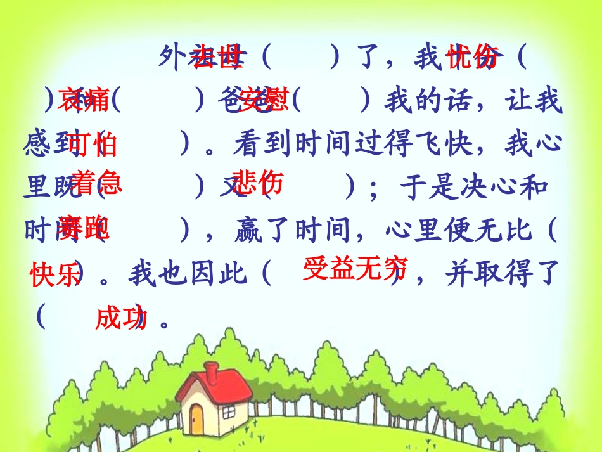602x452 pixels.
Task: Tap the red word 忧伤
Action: click(473, 56)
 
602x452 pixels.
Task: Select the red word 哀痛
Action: click(84, 99)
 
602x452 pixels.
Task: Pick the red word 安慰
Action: click(265, 99)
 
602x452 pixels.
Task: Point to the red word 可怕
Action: click(93, 145)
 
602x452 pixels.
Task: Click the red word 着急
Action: click(96, 183)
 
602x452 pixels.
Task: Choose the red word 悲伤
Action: click(256, 183)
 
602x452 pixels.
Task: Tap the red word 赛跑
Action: click(83, 228)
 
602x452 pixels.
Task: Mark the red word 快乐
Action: click(54, 274)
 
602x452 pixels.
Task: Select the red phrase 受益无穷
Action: click(354, 269)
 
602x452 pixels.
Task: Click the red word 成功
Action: click(120, 318)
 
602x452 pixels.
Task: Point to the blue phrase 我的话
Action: click(429, 101)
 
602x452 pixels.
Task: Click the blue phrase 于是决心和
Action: click(474, 188)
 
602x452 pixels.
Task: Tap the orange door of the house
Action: click(196, 418)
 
